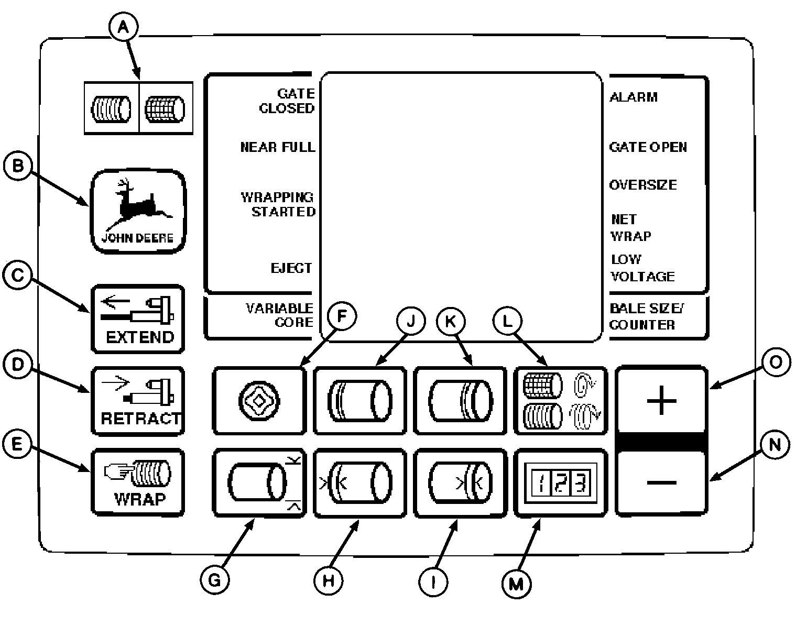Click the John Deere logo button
point(138,211)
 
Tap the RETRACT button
point(138,401)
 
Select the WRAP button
point(138,482)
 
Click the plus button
point(661,401)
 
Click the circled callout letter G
point(215,579)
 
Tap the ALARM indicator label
point(633,97)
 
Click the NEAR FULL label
point(278,147)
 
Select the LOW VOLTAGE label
point(642,268)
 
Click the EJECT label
point(291,268)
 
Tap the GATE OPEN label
point(648,147)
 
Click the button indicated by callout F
point(259,401)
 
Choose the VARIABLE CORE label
point(279,315)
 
